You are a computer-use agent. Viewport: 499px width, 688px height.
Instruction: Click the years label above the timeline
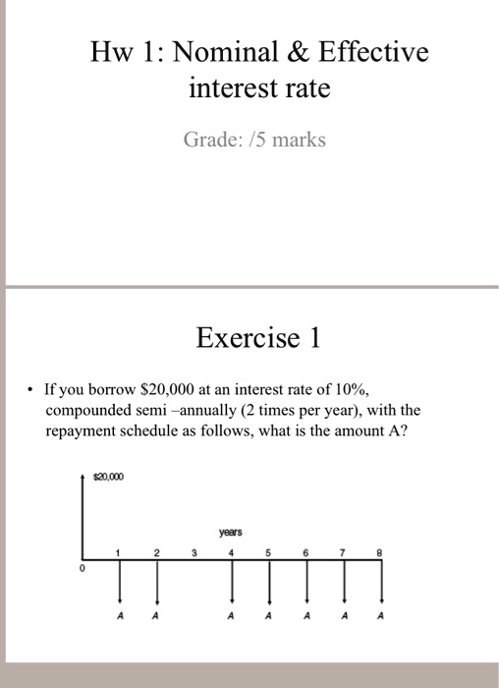231,531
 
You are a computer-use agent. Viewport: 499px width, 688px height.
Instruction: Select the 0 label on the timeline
83,569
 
